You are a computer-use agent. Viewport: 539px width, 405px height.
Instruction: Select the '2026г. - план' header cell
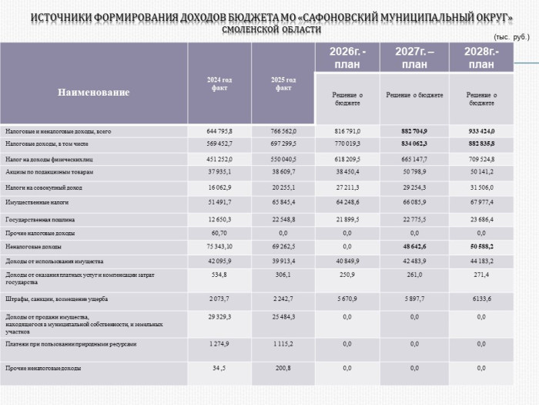347,58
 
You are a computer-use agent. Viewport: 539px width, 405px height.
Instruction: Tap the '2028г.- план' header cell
480,58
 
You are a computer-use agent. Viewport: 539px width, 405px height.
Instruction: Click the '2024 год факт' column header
219,83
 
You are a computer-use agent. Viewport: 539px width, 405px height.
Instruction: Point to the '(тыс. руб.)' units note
511,36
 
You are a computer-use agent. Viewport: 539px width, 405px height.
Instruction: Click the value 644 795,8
219,132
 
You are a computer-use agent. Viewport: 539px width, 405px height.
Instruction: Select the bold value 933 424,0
481,131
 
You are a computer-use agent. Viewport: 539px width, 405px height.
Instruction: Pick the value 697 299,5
283,143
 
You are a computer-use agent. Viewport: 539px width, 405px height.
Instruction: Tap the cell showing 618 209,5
347,159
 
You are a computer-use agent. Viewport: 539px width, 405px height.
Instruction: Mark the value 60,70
219,233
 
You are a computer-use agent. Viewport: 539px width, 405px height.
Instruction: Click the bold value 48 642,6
414,247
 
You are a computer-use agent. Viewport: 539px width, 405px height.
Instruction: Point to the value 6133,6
481,299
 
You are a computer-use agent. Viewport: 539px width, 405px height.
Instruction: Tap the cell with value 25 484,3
283,318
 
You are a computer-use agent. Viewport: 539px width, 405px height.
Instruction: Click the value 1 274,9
219,344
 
